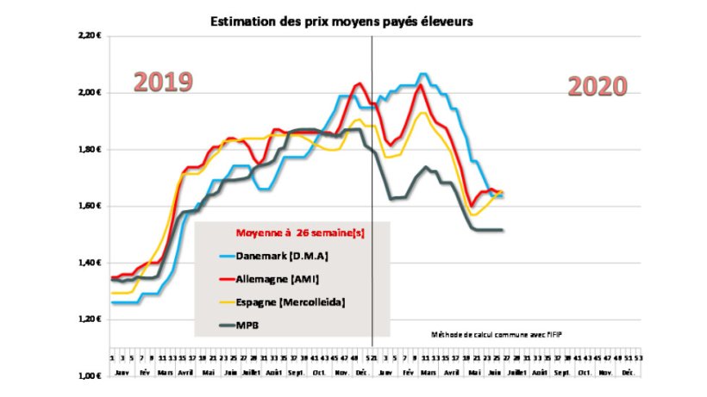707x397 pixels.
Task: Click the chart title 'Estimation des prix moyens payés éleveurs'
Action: [x=342, y=21]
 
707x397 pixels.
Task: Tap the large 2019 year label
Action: [x=162, y=83]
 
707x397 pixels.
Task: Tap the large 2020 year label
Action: [x=597, y=87]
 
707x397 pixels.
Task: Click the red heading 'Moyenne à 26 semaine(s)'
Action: [x=295, y=233]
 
